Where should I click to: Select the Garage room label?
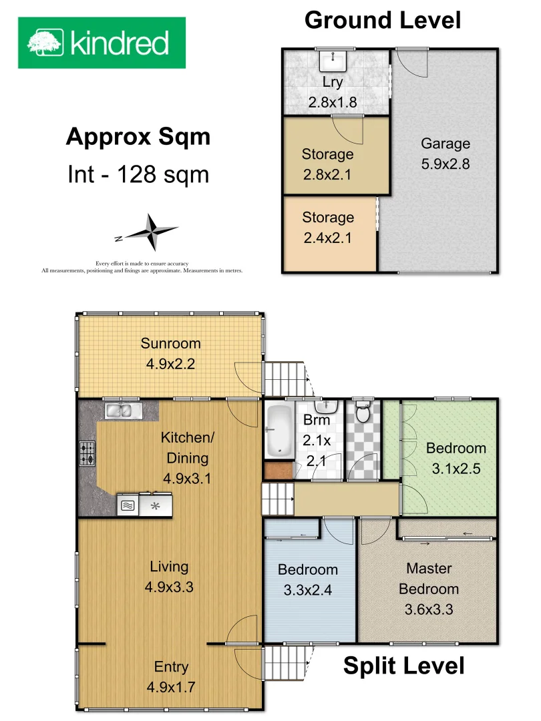(445, 144)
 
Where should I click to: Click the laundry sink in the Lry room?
(332, 61)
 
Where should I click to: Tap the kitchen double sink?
(121, 410)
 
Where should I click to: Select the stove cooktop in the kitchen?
(87, 454)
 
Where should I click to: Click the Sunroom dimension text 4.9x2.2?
(170, 365)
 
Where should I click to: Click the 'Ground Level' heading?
(382, 20)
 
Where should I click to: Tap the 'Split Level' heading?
(403, 666)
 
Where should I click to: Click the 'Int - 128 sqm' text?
(138, 174)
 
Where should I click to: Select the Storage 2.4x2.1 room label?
(328, 218)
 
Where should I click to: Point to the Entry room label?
(171, 667)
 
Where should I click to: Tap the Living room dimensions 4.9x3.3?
(169, 587)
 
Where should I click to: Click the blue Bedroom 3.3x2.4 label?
(307, 570)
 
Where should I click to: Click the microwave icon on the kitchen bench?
(128, 506)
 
